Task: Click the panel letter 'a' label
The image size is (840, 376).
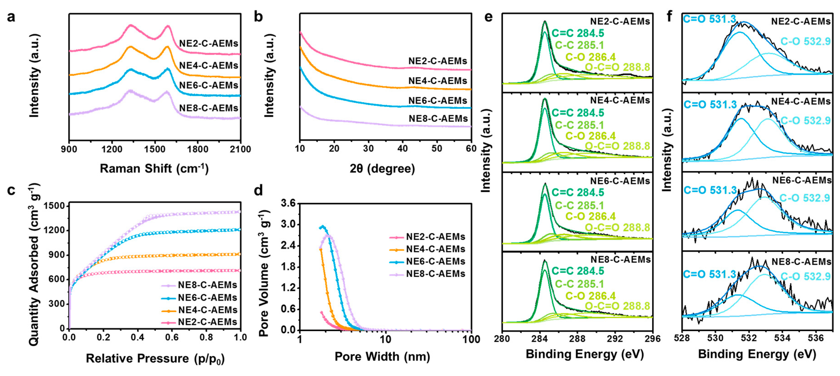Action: (11, 17)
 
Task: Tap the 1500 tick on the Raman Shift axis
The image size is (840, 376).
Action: (155, 149)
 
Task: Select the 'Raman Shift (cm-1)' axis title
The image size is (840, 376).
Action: (154, 168)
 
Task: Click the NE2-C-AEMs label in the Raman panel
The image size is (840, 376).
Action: (209, 43)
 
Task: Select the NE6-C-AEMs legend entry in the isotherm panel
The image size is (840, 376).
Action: (207, 297)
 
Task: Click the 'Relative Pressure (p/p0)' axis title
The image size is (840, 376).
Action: (155, 358)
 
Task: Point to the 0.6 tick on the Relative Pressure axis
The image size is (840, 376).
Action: (172, 337)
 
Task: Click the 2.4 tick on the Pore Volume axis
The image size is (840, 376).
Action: (288, 246)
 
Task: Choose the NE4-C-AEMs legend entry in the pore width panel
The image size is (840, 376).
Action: (435, 249)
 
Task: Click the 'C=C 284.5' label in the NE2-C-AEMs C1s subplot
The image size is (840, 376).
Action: (577, 33)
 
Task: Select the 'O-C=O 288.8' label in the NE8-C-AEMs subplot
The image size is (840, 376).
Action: (617, 306)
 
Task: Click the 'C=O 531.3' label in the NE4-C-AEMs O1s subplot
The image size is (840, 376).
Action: (710, 105)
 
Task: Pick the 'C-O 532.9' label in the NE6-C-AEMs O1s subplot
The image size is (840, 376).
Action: (804, 198)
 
